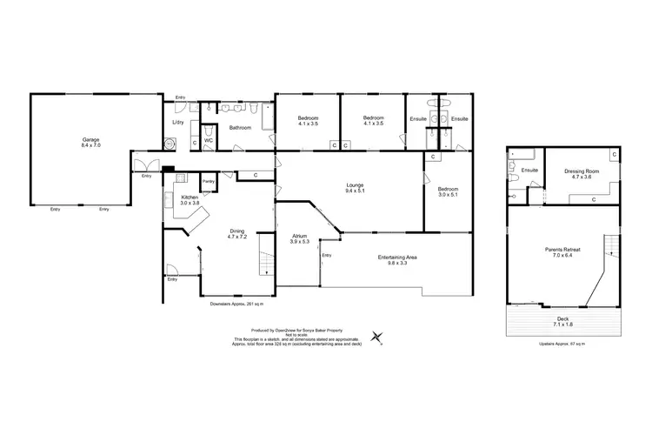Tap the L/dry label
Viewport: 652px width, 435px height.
(x=177, y=123)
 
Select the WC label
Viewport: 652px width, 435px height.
(x=209, y=139)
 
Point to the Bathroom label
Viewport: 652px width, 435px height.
(x=240, y=128)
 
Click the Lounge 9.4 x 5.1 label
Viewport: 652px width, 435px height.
(x=354, y=188)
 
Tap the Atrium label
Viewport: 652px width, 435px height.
(x=301, y=238)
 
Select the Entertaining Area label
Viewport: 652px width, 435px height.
(x=396, y=258)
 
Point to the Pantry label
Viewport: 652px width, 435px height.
(x=209, y=181)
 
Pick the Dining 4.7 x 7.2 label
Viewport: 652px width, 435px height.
(x=238, y=233)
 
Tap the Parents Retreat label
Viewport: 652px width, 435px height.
(x=564, y=253)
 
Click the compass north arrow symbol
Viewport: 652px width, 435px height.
(x=376, y=336)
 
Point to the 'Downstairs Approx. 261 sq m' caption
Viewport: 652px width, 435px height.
(x=236, y=304)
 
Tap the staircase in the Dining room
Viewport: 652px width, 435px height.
(x=266, y=259)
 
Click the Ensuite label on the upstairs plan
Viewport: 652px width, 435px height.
(x=529, y=171)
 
